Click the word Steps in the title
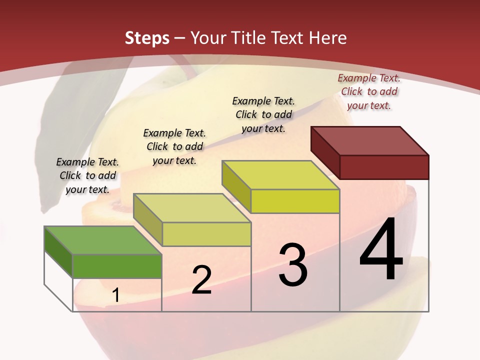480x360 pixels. click(147, 38)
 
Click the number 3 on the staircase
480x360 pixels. click(292, 265)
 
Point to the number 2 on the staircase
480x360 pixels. click(201, 280)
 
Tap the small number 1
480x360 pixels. click(115, 295)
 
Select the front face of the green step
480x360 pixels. click(117, 266)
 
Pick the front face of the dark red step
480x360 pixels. click(384, 167)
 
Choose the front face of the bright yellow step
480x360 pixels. click(295, 201)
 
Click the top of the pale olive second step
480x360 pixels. click(192, 208)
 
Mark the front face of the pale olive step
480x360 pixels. click(206, 234)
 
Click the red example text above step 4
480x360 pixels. click(369, 91)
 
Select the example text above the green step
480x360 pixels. click(87, 175)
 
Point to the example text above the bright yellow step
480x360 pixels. click(263, 114)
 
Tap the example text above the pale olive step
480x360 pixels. click(174, 146)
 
